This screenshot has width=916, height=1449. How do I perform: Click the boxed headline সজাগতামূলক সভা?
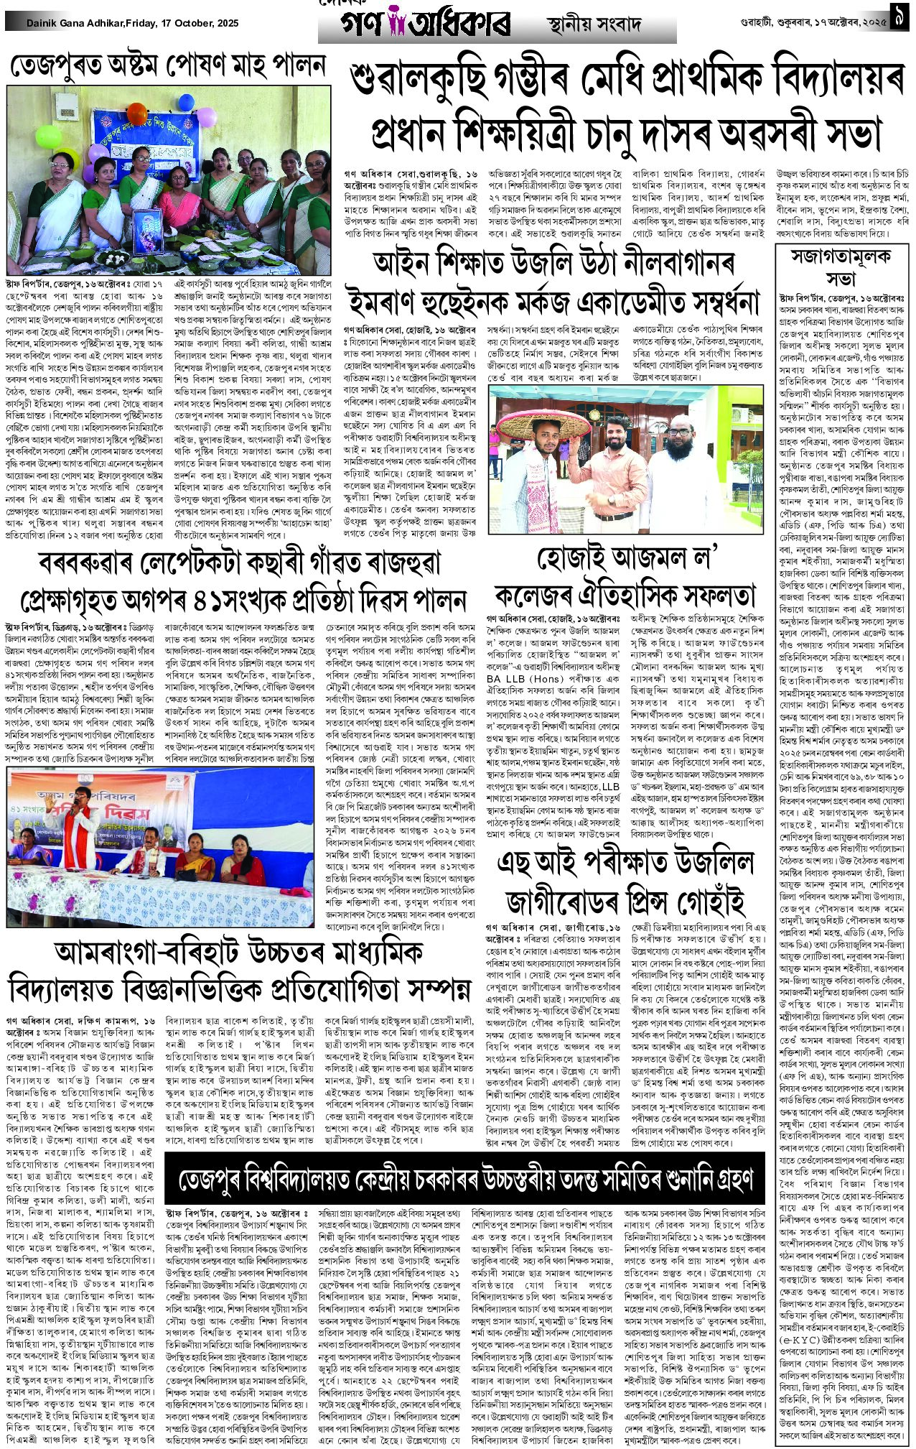pos(839,267)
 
